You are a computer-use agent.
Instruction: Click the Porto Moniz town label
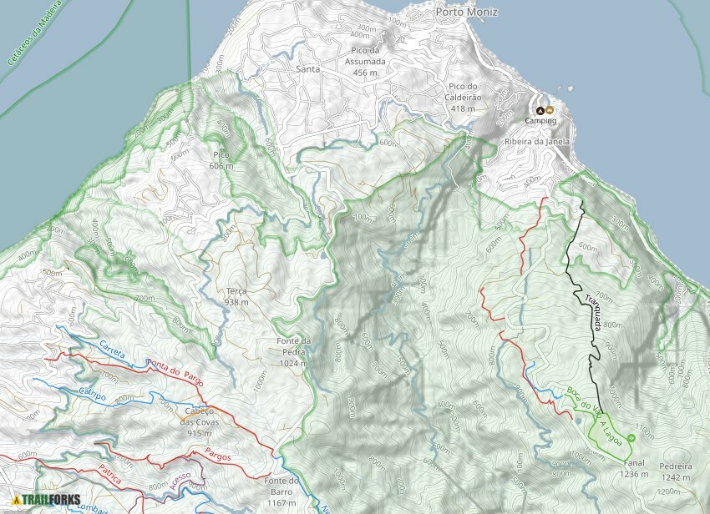pos(467,12)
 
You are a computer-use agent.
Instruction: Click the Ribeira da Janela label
pos(537,142)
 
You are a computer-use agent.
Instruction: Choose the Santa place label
pos(308,69)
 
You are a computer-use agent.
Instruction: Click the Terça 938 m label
pos(236,297)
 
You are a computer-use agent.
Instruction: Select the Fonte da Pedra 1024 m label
pos(294,351)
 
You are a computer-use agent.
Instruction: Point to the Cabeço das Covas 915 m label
pos(198,421)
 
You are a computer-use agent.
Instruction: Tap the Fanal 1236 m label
pos(634,468)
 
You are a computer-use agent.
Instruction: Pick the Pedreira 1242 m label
pos(674,472)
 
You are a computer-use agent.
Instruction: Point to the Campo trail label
pos(92,394)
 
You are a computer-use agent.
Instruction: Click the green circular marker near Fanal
pos(631,437)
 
